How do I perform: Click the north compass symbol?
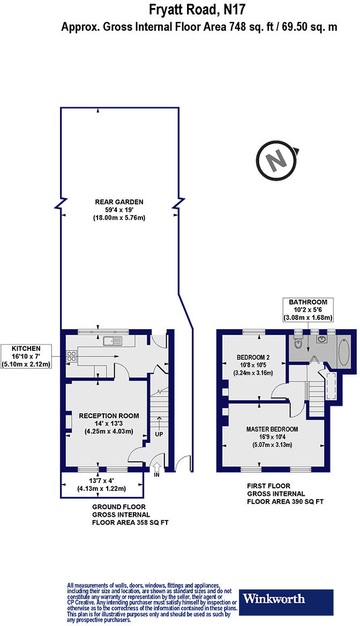[x=276, y=160]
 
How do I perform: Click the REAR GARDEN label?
[x=119, y=202]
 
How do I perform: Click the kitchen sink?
[x=114, y=339]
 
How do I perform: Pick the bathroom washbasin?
[x=322, y=339]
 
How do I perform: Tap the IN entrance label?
[x=157, y=475]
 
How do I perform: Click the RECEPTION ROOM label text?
[x=109, y=415]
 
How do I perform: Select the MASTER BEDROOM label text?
[x=273, y=429]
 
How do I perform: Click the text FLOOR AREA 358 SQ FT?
[x=131, y=522]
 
